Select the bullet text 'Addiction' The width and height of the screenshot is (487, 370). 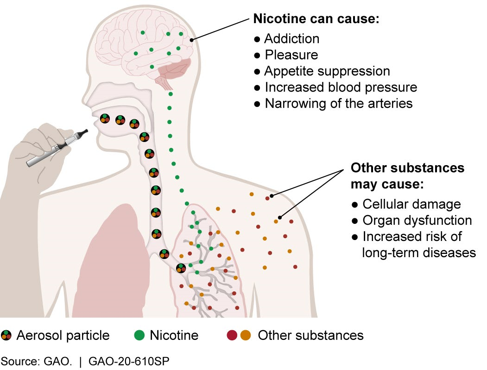(x=291, y=38)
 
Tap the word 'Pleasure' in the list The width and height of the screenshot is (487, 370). (x=291, y=55)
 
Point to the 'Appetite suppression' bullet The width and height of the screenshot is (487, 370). (x=327, y=71)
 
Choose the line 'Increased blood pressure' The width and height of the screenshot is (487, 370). (x=341, y=87)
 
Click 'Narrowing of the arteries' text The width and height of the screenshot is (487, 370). (x=338, y=104)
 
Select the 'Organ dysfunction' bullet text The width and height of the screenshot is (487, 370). (x=417, y=221)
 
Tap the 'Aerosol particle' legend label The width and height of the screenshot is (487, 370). (x=63, y=335)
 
